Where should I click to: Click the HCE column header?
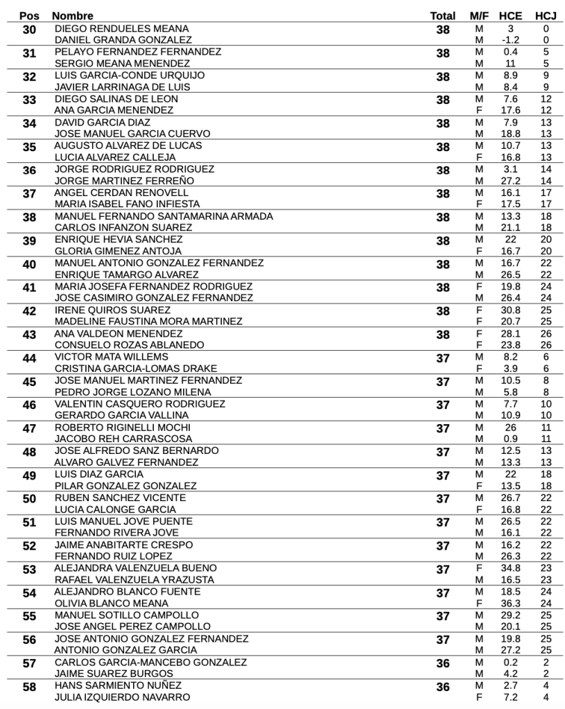[x=510, y=15]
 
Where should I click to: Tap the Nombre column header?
[x=73, y=15]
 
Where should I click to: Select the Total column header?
[x=443, y=15]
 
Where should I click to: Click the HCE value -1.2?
[x=510, y=40]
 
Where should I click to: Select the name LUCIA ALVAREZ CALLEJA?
[x=115, y=157]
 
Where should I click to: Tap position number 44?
[x=29, y=359]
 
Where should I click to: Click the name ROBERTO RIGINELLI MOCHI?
[x=123, y=428]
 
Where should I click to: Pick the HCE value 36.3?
[x=510, y=603]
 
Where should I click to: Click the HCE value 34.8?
[x=510, y=568]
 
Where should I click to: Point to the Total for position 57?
[x=443, y=664]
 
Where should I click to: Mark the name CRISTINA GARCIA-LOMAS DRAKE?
[x=136, y=369]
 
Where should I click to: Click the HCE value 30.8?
[x=510, y=310]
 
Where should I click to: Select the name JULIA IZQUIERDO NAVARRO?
[x=122, y=697]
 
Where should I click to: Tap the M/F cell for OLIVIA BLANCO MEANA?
[x=478, y=603]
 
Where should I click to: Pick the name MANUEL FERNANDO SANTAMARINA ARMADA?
[x=164, y=216]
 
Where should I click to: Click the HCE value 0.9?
[x=510, y=439]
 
